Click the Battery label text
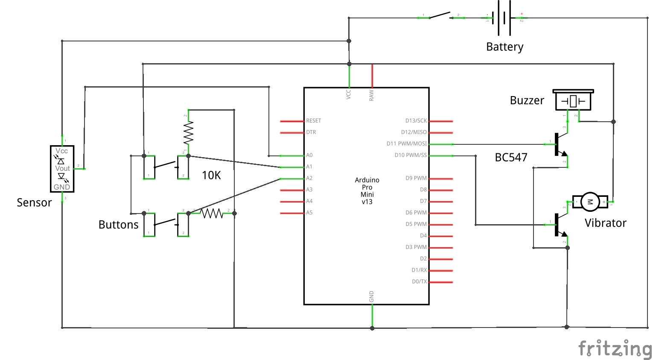504,47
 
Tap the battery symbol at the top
504,18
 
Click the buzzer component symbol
573,100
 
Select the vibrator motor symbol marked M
590,202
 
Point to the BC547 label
511,158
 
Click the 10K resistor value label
211,175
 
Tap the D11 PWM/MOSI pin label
406,144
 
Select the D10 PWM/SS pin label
410,155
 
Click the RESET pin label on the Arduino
313,121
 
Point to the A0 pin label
309,155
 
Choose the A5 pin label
309,213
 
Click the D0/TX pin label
419,282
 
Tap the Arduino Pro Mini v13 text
367,191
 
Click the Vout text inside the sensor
62,169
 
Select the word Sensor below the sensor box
34,202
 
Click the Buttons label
118,225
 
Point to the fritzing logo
615,348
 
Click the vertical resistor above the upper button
188,132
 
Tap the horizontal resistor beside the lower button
212,213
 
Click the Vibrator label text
605,223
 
